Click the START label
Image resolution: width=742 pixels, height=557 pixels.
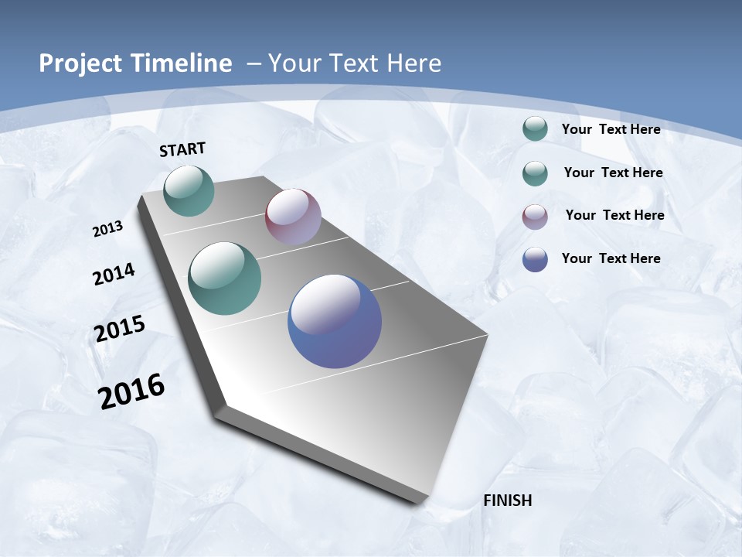(x=182, y=149)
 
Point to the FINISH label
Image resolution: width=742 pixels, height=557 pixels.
(x=508, y=501)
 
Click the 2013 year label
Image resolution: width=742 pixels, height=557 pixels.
(x=108, y=228)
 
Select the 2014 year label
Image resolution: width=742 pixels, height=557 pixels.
(x=114, y=274)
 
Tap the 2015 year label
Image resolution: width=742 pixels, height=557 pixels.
(x=120, y=329)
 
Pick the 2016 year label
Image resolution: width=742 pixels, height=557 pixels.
(x=131, y=391)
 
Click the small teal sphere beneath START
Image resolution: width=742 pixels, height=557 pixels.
(x=189, y=191)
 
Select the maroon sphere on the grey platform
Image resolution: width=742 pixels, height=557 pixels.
(x=293, y=216)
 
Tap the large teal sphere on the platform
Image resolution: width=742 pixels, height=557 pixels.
(x=225, y=278)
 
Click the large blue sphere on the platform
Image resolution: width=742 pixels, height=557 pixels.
(x=335, y=321)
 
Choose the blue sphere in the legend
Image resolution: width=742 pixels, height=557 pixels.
(x=535, y=259)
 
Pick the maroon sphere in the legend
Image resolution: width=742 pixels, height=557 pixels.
(x=535, y=217)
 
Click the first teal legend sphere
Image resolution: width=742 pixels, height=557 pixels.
(x=535, y=129)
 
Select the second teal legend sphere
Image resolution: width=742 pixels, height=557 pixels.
(x=535, y=173)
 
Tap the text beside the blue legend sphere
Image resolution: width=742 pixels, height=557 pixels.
(x=611, y=258)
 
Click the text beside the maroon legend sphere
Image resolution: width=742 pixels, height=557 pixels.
(x=614, y=215)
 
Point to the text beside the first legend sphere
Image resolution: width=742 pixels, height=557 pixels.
(x=611, y=129)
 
